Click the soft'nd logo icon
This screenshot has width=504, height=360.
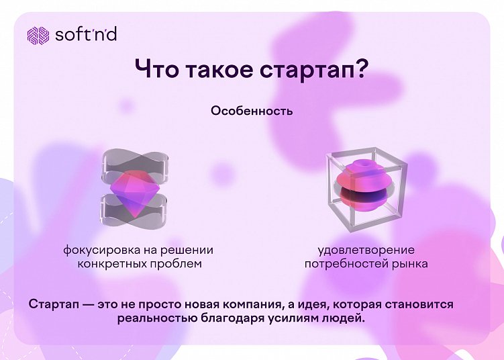(x=37, y=34)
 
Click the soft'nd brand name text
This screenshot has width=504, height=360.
(x=85, y=34)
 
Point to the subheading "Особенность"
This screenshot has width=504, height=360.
(x=252, y=111)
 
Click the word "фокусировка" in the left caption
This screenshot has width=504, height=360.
(x=97, y=251)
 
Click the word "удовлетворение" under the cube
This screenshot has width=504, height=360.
(x=366, y=251)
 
